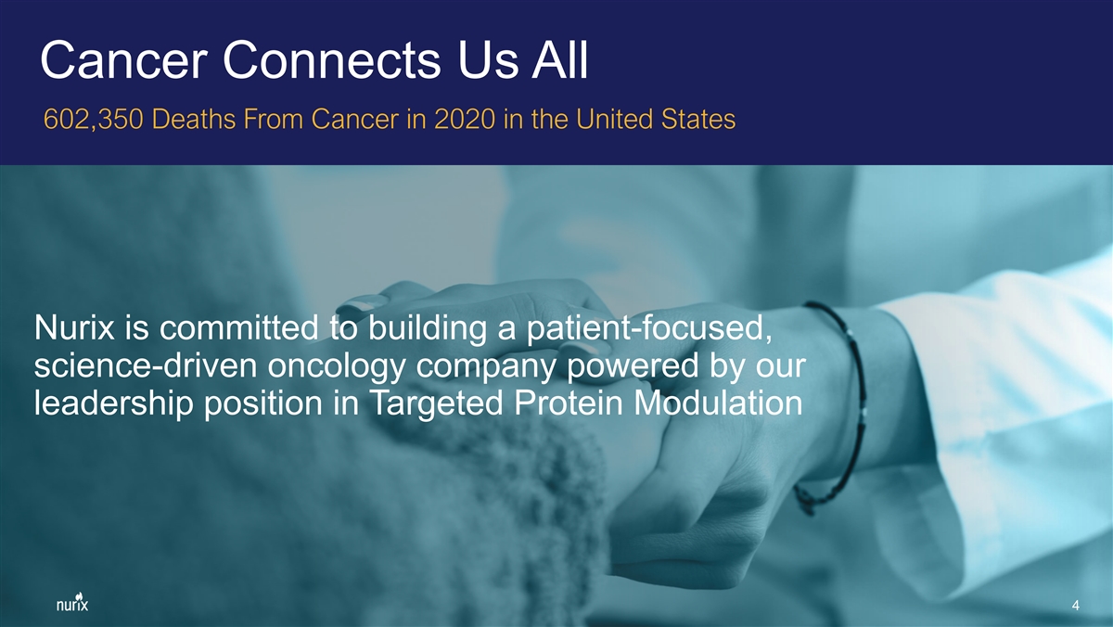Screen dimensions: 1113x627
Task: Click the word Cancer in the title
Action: point(123,60)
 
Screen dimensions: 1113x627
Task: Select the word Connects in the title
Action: point(331,60)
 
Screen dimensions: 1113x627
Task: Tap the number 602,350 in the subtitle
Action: point(94,120)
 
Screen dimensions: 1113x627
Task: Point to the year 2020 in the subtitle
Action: point(465,120)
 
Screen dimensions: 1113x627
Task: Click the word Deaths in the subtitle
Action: point(193,120)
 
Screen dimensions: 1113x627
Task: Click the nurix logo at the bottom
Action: point(72,602)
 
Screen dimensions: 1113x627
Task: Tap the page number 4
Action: point(1075,605)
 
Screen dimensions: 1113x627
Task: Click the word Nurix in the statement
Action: point(74,328)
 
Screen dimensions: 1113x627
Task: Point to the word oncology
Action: point(337,367)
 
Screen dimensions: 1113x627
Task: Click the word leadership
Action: point(113,404)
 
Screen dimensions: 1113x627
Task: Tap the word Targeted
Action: point(436,404)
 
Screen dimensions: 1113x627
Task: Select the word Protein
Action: point(568,403)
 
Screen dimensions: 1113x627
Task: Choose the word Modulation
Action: point(718,403)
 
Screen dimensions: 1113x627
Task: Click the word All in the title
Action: point(560,60)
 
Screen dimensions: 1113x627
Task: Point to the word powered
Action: point(632,367)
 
